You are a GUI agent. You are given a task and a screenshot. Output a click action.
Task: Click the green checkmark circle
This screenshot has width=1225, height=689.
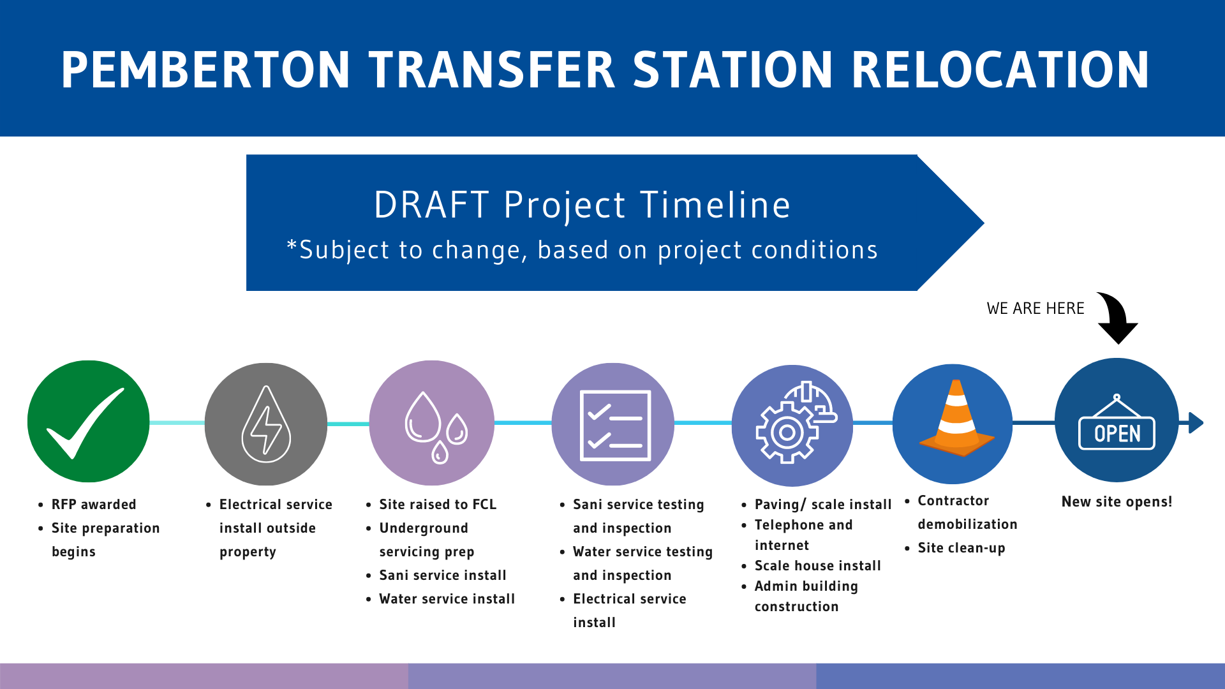(x=89, y=421)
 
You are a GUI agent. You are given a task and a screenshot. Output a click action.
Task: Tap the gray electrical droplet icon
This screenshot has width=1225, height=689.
(x=266, y=424)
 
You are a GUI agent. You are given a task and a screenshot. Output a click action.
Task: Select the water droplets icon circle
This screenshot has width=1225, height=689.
(x=432, y=423)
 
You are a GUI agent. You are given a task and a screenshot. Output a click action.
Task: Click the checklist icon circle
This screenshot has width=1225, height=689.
(x=613, y=424)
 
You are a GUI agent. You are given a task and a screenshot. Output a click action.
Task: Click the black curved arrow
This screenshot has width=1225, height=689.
(x=1118, y=317)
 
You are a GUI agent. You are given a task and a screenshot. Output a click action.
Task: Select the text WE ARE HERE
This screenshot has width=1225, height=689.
(x=1036, y=309)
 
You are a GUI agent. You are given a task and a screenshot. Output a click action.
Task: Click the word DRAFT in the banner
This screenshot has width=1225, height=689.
(x=431, y=205)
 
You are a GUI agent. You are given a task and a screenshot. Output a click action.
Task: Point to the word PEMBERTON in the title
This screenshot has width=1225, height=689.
(x=205, y=70)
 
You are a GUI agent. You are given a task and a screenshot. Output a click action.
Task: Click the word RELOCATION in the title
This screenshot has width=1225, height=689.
(x=1000, y=70)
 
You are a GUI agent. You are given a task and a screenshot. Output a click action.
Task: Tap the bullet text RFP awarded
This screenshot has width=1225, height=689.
(x=94, y=505)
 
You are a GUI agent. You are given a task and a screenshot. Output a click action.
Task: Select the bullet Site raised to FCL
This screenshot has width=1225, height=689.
(x=438, y=505)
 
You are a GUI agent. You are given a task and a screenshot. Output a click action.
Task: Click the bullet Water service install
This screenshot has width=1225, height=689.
(x=447, y=599)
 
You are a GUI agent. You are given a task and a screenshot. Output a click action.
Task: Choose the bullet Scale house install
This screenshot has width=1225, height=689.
(x=817, y=566)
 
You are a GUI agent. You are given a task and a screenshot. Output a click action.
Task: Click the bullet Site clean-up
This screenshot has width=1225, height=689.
(x=961, y=548)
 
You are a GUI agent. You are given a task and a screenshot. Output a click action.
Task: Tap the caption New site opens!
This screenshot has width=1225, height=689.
(x=1117, y=502)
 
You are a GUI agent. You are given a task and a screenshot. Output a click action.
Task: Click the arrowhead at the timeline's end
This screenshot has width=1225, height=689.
(x=1196, y=423)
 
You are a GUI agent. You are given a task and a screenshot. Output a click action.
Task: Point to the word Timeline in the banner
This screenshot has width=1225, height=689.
(x=715, y=205)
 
